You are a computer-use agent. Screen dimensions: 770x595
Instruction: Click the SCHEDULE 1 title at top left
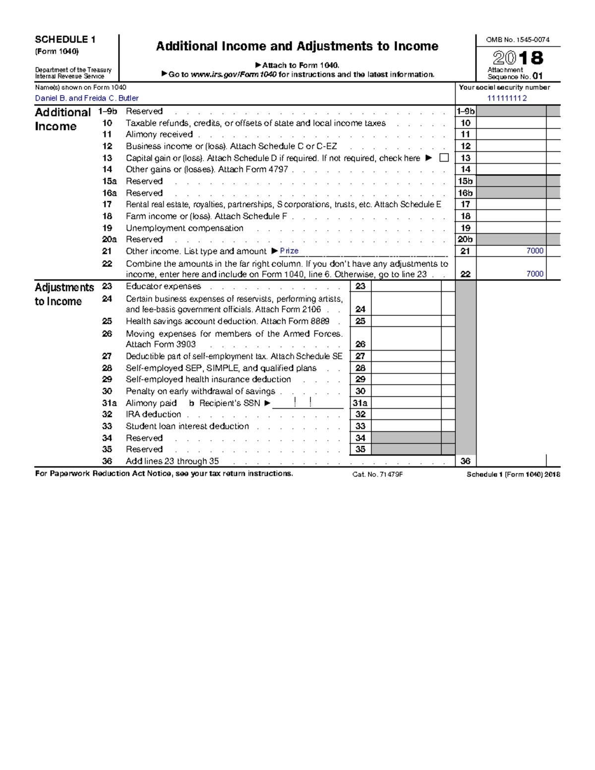[65, 40]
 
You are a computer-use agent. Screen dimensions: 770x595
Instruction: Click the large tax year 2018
[518, 58]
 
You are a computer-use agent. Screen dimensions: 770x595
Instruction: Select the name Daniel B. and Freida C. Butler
[87, 98]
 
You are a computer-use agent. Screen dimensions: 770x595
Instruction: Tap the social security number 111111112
[507, 98]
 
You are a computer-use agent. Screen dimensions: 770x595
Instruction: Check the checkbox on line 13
[444, 158]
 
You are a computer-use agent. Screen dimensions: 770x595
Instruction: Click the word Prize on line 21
[289, 251]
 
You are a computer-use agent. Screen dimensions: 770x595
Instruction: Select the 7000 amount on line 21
[535, 251]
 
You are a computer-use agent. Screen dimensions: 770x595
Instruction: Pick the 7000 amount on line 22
[535, 274]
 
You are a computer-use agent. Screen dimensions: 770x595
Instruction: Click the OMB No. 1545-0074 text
[518, 40]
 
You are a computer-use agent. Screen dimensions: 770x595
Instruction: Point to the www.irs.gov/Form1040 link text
[234, 74]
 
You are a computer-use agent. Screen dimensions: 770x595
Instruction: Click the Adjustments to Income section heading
[64, 294]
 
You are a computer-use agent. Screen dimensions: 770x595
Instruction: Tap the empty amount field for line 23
[406, 286]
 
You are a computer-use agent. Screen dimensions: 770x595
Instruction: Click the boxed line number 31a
[360, 403]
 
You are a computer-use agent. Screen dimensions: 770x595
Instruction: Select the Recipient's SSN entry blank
[307, 403]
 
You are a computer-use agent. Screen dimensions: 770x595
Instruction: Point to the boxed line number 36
[465, 461]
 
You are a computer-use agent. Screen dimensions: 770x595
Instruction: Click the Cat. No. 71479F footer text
[377, 474]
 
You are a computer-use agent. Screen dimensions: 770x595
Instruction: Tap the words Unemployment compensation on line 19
[184, 228]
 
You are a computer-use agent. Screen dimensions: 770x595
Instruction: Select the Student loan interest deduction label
[187, 426]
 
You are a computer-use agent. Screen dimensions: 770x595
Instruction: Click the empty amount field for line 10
[511, 123]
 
